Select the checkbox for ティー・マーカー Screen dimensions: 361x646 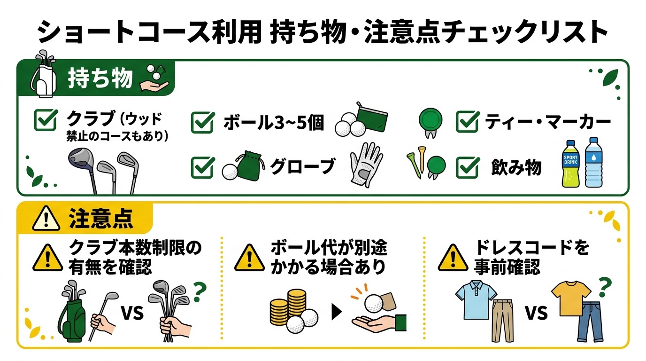(x=468, y=122)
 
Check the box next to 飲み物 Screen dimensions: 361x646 (x=468, y=167)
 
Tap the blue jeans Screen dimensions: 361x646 (x=591, y=322)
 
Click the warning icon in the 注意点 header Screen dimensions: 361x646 (x=46, y=219)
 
